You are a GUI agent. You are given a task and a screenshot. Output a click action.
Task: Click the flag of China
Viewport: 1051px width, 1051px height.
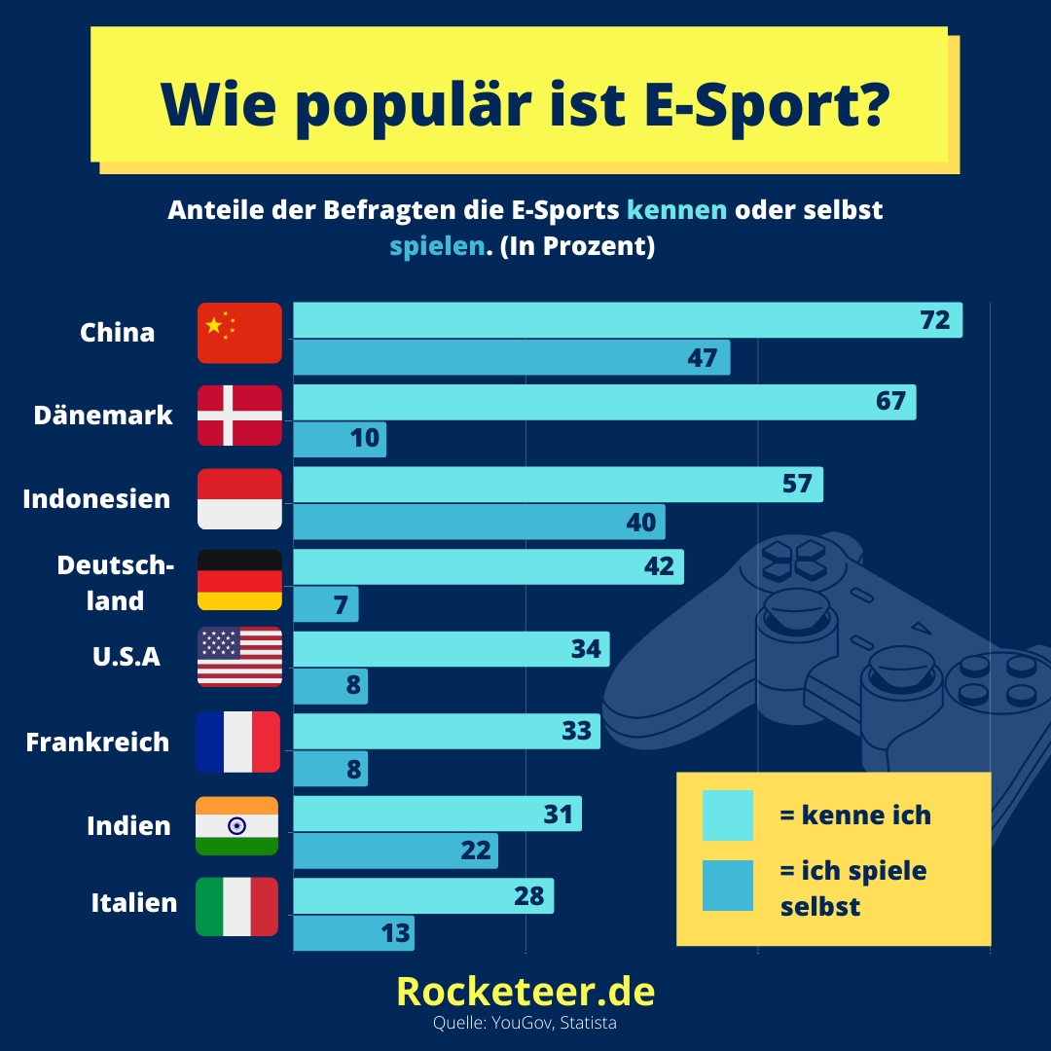tap(239, 333)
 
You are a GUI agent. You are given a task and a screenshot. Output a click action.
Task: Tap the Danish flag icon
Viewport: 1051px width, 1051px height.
tap(239, 416)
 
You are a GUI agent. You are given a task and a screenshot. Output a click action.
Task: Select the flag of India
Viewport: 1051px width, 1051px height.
tap(236, 826)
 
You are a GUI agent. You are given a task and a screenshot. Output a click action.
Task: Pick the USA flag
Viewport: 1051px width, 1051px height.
tap(239, 657)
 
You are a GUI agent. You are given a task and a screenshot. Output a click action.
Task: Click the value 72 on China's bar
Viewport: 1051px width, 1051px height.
tap(935, 320)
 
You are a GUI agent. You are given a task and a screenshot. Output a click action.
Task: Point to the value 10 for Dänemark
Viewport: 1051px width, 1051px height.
tap(365, 438)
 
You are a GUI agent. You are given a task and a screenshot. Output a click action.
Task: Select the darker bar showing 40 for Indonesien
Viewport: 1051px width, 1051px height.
tap(479, 523)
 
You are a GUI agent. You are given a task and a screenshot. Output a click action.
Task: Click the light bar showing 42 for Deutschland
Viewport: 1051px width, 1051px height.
tap(489, 567)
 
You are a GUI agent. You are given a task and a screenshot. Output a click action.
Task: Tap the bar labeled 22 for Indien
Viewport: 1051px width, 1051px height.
tap(395, 852)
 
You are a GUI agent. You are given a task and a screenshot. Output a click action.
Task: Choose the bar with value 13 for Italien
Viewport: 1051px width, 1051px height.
tap(354, 933)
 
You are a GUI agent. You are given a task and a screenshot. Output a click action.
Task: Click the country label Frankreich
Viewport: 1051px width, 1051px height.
tap(97, 742)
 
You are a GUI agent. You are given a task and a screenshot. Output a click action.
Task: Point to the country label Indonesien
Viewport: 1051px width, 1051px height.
tap(96, 498)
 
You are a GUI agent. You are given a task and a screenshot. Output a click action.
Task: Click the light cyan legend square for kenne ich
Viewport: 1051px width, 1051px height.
tap(728, 815)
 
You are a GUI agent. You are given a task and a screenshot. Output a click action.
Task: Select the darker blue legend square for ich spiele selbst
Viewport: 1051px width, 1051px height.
tap(728, 886)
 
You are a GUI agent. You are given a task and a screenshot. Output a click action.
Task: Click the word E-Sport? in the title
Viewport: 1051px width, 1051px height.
tap(767, 104)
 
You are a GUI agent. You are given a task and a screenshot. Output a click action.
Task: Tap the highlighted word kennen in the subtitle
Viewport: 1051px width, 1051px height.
tap(677, 210)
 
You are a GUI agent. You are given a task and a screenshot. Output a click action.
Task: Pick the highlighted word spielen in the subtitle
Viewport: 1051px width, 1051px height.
tap(437, 246)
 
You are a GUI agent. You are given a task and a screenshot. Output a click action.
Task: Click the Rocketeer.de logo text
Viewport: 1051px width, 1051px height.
tap(525, 992)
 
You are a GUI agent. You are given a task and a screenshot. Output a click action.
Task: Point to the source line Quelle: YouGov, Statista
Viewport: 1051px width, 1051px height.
tap(525, 1023)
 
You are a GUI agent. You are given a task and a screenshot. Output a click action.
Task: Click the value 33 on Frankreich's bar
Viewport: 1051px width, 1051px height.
tap(576, 731)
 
